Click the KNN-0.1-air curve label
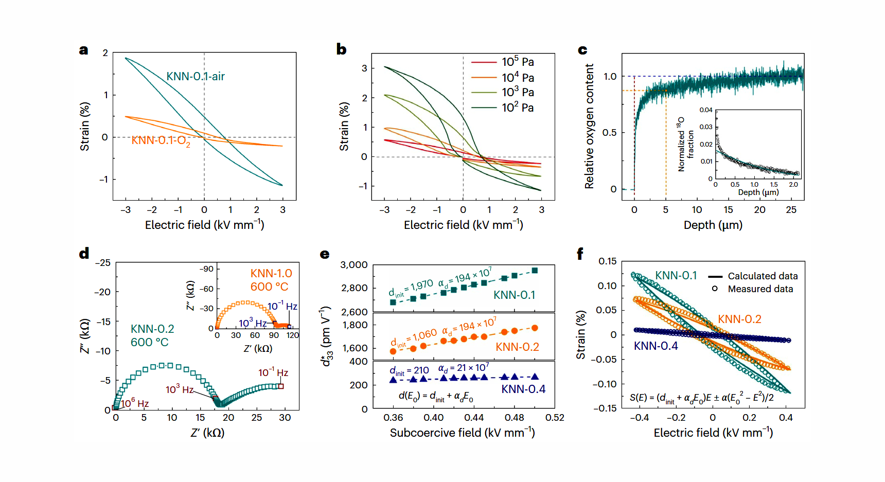tap(196, 77)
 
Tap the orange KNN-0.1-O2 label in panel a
tap(161, 140)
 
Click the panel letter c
tap(582, 50)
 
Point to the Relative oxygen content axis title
tap(589, 126)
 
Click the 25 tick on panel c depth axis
tap(791, 210)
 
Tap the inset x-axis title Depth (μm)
tap(758, 192)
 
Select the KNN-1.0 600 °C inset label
tap(271, 280)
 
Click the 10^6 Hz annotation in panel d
tap(135, 404)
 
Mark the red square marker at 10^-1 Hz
tap(281, 386)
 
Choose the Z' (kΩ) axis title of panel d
tap(207, 433)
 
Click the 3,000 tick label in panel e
tap(354, 265)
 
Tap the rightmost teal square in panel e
tap(535, 271)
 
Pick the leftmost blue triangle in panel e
tap(393, 380)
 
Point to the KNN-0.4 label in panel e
tap(523, 389)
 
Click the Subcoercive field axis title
tap(462, 433)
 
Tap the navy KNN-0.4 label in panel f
tap(656, 346)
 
